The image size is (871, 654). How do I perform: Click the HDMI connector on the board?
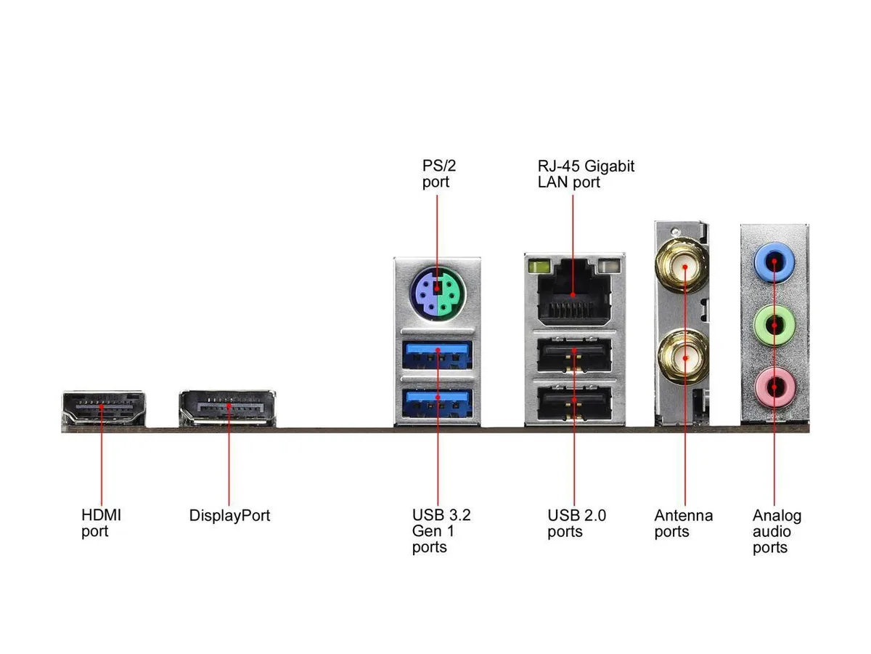[104, 408]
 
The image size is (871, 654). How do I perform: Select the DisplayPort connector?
[227, 408]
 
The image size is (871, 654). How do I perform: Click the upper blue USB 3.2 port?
[437, 354]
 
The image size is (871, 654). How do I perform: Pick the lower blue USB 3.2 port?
[437, 403]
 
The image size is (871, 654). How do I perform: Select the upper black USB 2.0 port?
[574, 355]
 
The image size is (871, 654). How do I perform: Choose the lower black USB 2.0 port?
[574, 403]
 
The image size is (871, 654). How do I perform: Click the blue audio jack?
[774, 262]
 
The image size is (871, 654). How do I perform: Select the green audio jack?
[774, 325]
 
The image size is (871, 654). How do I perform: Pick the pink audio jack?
[774, 387]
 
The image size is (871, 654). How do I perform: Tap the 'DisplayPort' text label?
[229, 515]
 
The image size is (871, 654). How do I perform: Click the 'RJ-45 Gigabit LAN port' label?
[586, 174]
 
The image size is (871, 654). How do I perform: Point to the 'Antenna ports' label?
[683, 523]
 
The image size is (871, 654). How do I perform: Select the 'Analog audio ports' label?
[777, 531]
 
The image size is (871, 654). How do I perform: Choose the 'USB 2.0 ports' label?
[576, 523]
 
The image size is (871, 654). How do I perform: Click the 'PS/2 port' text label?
[439, 174]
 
